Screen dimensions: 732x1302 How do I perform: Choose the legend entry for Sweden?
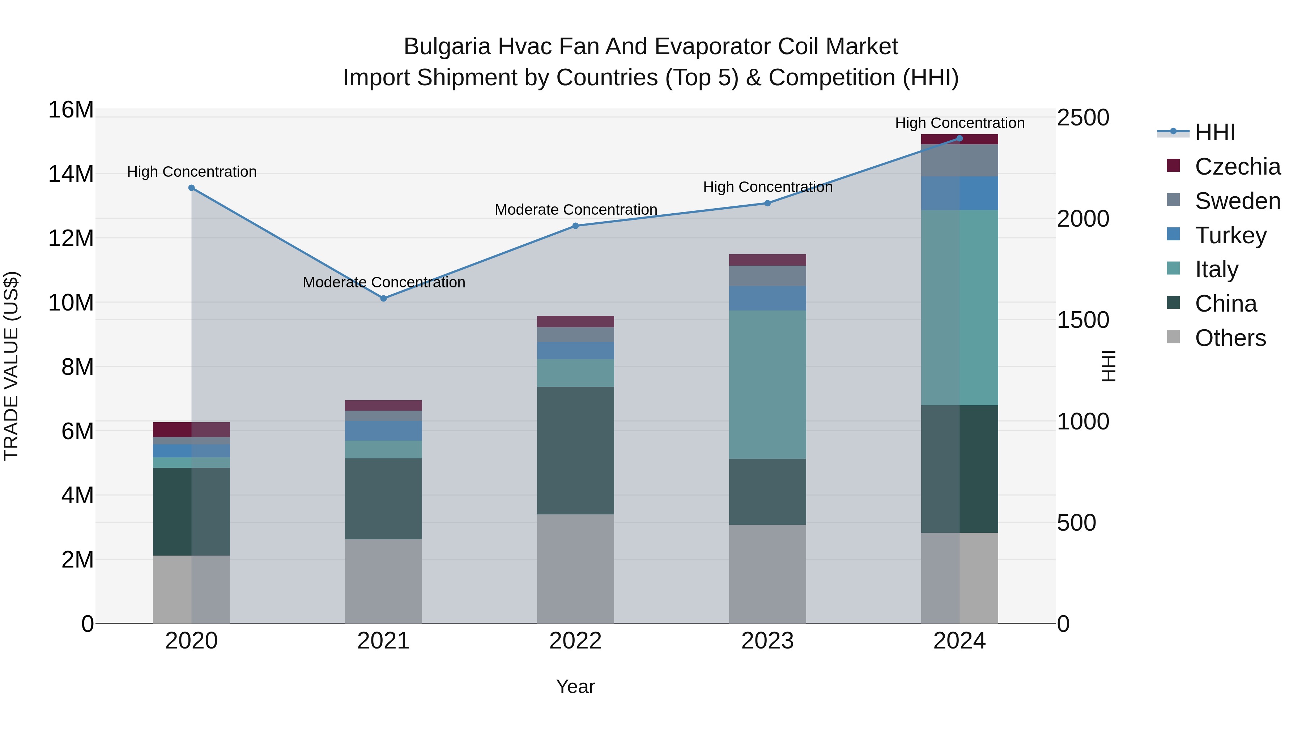(1237, 201)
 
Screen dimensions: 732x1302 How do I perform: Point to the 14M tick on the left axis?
(71, 174)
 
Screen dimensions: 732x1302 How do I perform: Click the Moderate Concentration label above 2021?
(384, 282)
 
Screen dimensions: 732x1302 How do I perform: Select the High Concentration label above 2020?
(192, 172)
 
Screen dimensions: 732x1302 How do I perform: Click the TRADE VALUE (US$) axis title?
(11, 366)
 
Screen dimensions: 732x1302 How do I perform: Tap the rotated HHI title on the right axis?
(1108, 366)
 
